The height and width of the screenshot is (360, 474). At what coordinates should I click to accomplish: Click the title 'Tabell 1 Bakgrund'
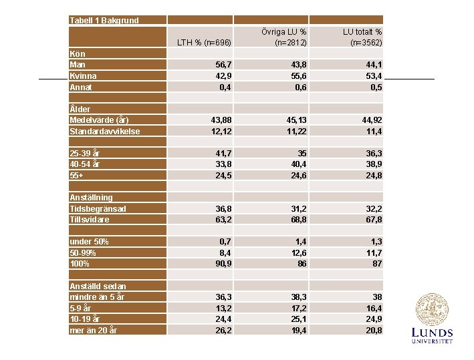pos(104,20)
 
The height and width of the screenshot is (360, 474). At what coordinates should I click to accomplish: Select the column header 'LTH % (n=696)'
pos(204,43)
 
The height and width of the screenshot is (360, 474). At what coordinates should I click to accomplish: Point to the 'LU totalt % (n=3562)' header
pos(362,37)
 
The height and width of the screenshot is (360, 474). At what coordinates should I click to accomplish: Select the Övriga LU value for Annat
pos(298,87)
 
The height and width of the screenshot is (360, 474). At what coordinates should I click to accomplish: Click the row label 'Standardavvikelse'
pos(105,131)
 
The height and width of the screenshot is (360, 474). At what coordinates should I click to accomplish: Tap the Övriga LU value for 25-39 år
pos(302,153)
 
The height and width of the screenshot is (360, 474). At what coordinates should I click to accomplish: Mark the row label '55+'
pos(78,175)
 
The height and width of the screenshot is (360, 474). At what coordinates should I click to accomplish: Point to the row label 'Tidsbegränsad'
pos(98,208)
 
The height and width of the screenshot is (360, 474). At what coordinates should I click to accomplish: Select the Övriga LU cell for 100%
pos(302,264)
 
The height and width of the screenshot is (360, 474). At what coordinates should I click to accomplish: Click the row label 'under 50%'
pos(89,241)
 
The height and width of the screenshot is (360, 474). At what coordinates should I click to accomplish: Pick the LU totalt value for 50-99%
pos(372,252)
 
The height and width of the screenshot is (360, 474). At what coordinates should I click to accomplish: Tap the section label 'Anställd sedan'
pos(98,286)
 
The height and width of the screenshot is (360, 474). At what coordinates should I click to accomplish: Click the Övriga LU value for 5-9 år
pos(298,308)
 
